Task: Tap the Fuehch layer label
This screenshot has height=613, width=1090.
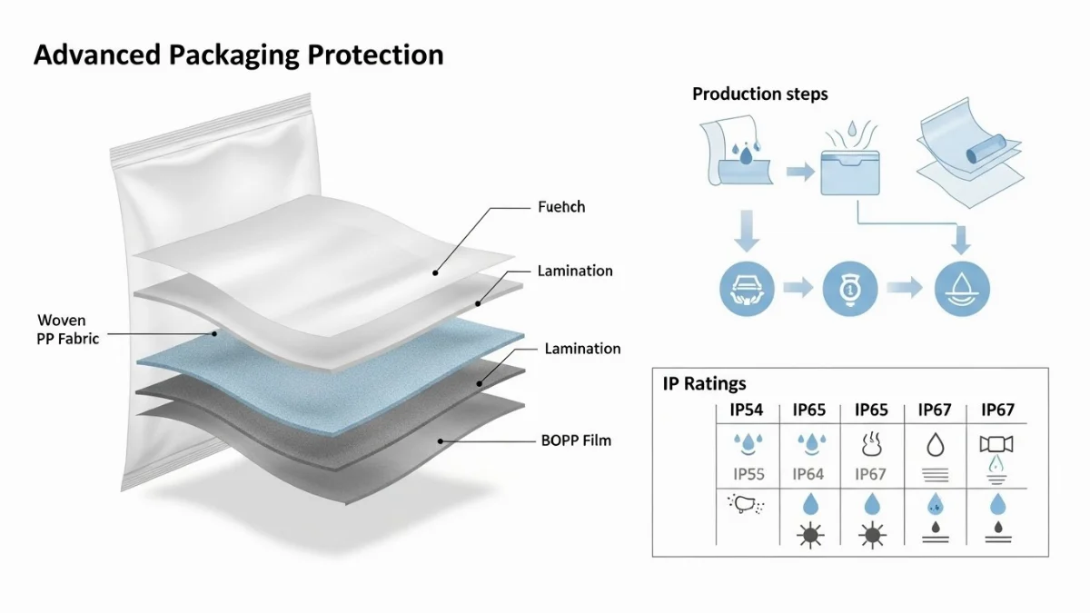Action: (x=561, y=207)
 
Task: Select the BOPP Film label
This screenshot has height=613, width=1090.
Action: (x=576, y=440)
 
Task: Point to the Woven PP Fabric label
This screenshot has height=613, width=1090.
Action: (x=68, y=329)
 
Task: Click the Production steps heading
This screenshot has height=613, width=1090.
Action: (x=759, y=94)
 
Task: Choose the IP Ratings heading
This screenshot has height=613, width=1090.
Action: (x=705, y=384)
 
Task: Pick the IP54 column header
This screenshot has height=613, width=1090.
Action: (x=747, y=410)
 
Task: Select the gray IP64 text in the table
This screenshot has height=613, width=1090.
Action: (x=808, y=474)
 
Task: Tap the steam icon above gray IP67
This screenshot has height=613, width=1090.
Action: (x=871, y=444)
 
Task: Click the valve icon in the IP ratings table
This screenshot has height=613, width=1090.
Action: (x=996, y=445)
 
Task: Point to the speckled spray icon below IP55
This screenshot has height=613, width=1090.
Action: (x=746, y=505)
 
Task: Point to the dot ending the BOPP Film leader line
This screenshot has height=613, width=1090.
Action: (x=441, y=441)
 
